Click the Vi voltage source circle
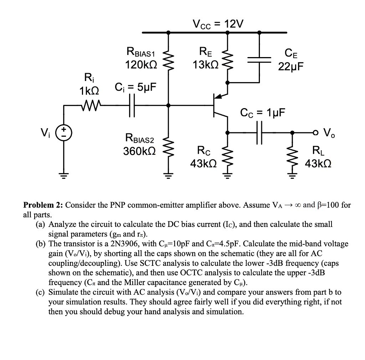[x=63, y=133]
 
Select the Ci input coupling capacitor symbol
[x=132, y=105]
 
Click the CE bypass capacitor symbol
[x=259, y=60]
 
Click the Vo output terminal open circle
[x=316, y=133]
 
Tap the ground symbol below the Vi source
[x=63, y=176]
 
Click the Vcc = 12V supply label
[x=218, y=24]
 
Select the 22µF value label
[x=291, y=66]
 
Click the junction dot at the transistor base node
[x=168, y=105]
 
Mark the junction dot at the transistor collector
[x=227, y=133]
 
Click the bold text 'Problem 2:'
[x=43, y=205]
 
